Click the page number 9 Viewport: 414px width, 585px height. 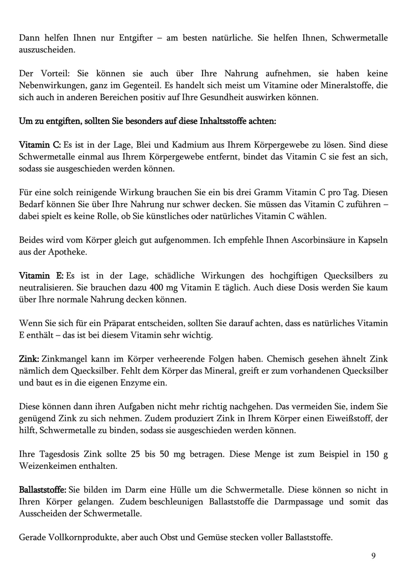[x=373, y=556]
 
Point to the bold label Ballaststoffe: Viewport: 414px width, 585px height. [x=43, y=490]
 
